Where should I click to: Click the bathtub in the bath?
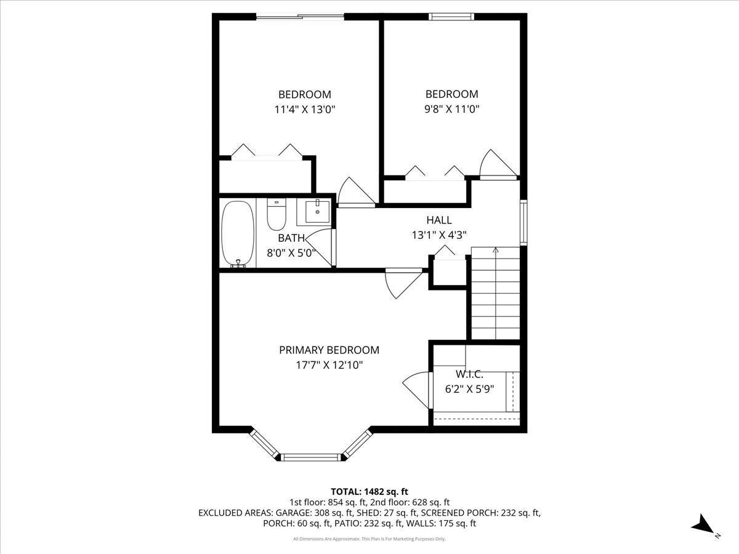[x=238, y=234]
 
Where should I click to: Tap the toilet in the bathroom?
[x=277, y=214]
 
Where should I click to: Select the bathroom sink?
[x=317, y=212]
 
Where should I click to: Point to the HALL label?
[x=439, y=220]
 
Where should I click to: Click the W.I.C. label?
[x=469, y=374]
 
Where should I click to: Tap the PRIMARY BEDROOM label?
[x=329, y=350]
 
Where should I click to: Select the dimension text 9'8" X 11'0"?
[x=452, y=110]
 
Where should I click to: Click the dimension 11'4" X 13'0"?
[x=305, y=110]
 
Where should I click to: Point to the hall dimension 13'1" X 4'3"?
[x=439, y=235]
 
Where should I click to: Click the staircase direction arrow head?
[x=495, y=249]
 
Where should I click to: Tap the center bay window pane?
[x=311, y=457]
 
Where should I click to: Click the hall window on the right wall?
[x=523, y=222]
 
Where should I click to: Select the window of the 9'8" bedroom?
[x=451, y=17]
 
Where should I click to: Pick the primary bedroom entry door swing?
[x=403, y=283]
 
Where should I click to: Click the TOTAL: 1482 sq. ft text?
[x=369, y=492]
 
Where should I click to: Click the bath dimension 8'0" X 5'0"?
[x=291, y=253]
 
